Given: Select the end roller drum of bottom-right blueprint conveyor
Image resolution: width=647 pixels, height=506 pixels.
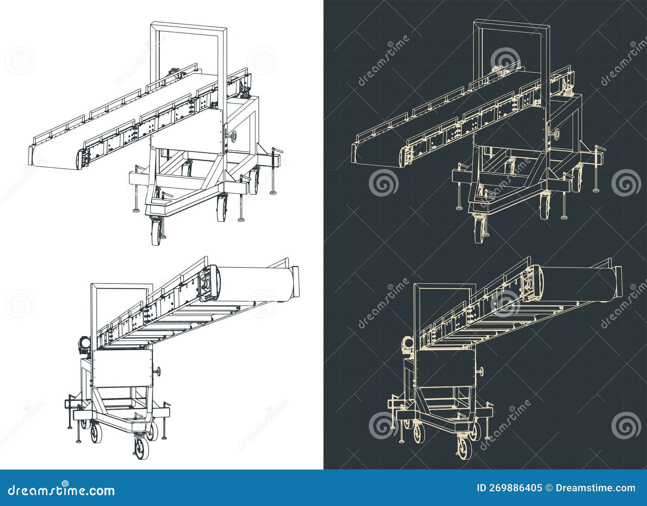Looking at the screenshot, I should tap(577, 283).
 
